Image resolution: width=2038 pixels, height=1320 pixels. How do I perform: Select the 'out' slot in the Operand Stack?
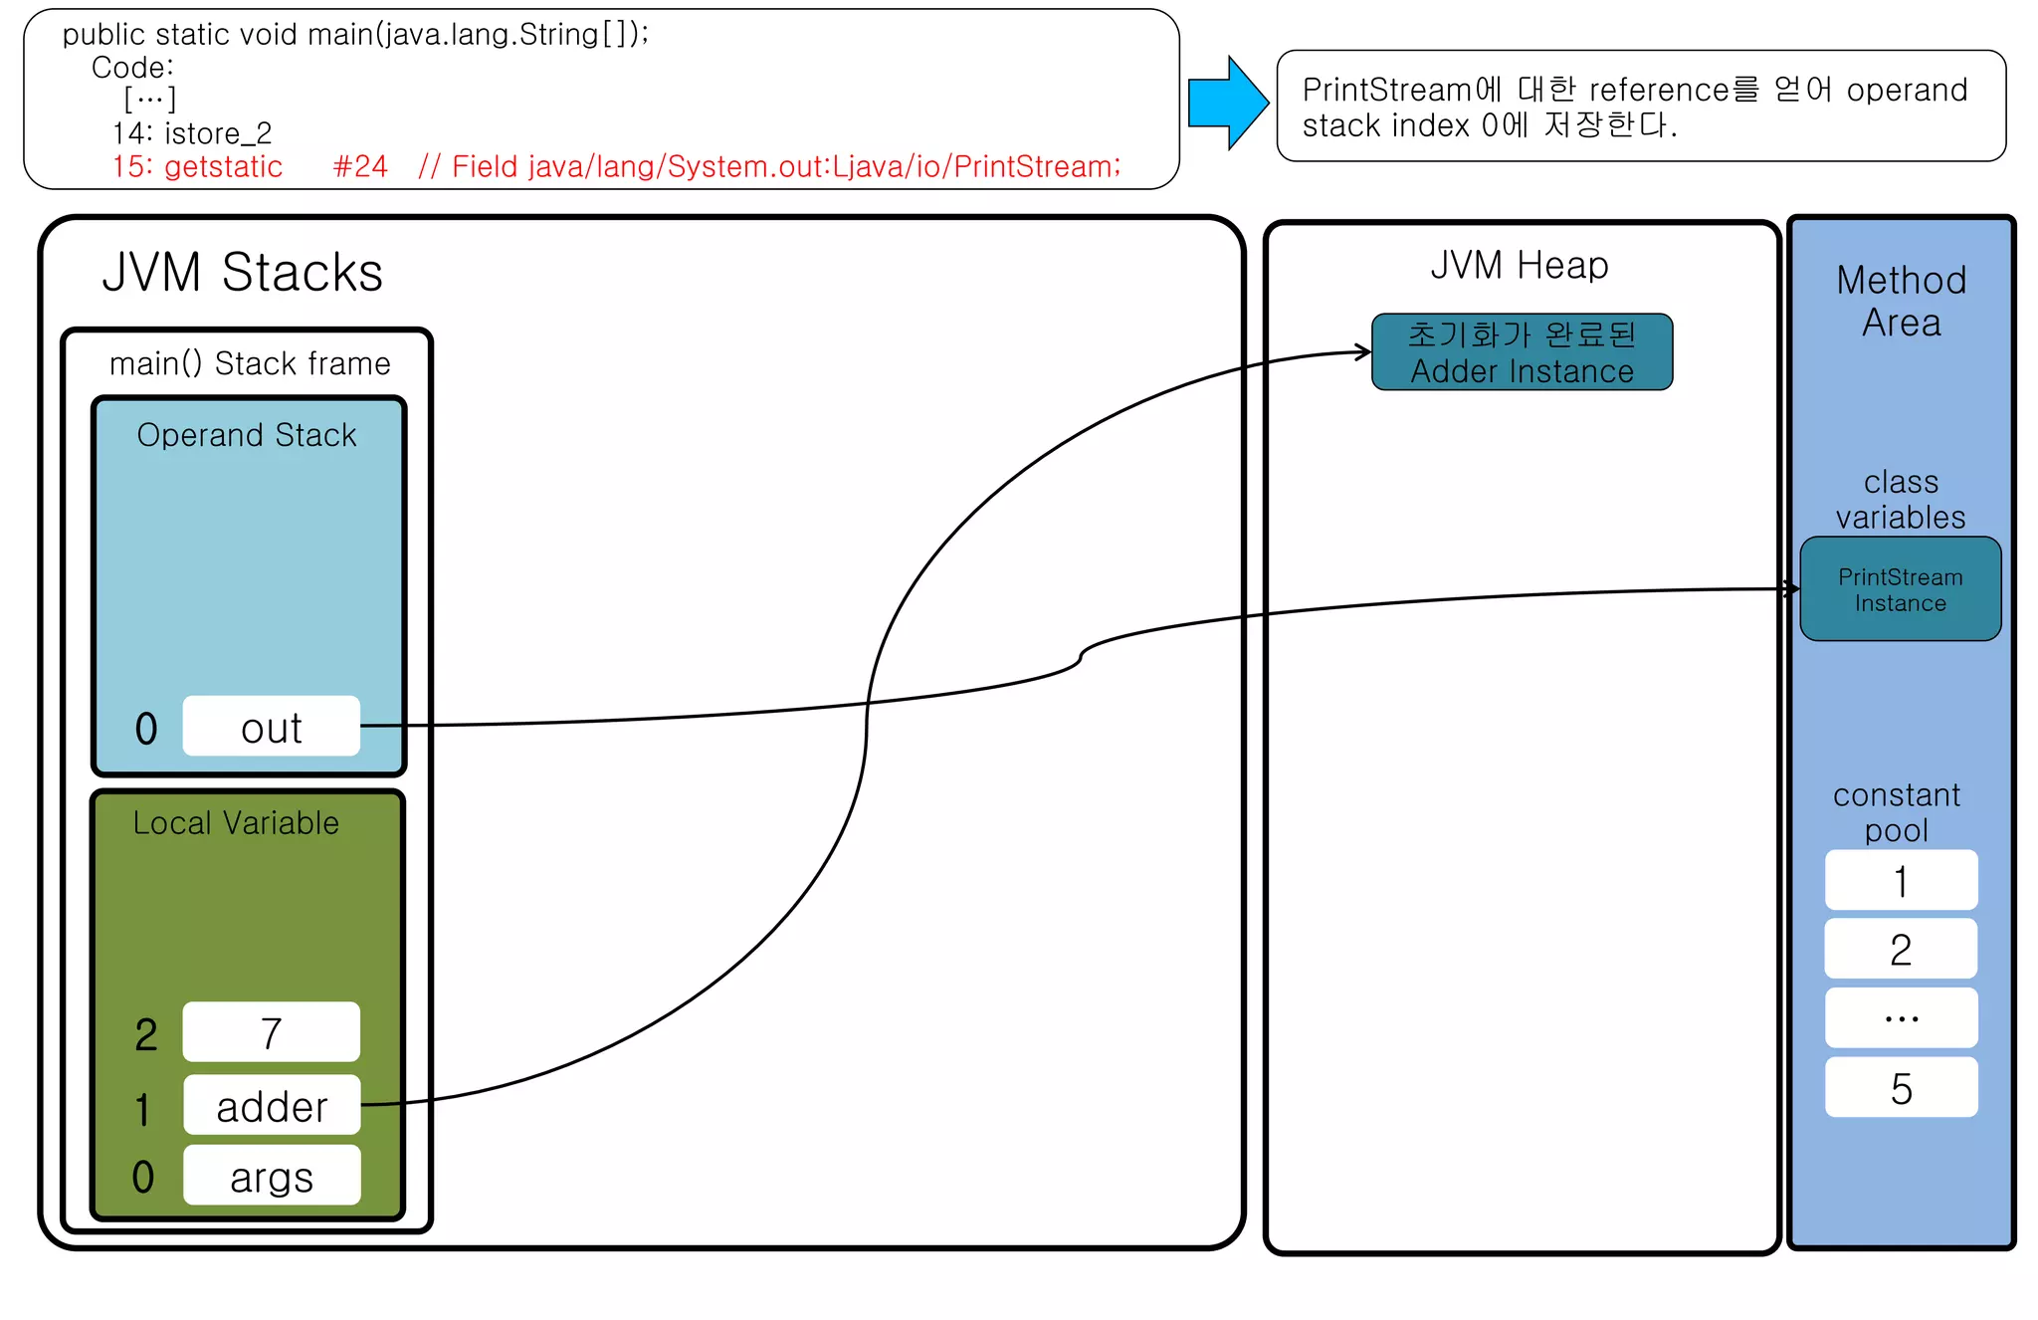click(x=271, y=727)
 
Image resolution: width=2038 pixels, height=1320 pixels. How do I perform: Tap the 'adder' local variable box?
click(x=272, y=1105)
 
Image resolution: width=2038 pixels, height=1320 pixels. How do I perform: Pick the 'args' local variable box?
click(x=272, y=1176)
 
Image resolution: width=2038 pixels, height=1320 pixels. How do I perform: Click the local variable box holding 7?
click(x=272, y=1032)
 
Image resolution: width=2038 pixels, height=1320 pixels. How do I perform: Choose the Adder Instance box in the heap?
click(x=1522, y=352)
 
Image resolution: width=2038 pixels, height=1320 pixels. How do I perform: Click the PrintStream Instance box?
click(x=1900, y=589)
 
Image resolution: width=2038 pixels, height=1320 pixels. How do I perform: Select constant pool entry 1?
click(x=1901, y=880)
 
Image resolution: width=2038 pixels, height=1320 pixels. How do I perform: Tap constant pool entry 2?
click(x=1901, y=949)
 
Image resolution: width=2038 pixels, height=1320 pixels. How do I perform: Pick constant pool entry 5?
click(x=1901, y=1087)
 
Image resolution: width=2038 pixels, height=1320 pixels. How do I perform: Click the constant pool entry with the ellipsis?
click(x=1901, y=1017)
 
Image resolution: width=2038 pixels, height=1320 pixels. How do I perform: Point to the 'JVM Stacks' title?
click(x=242, y=272)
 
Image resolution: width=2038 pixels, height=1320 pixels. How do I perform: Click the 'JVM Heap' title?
click(x=1519, y=265)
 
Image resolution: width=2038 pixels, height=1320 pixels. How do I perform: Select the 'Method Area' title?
click(x=1901, y=301)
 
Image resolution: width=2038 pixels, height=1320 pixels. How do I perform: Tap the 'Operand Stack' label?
click(x=247, y=435)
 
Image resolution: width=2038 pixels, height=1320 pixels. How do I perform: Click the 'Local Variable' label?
click(x=236, y=823)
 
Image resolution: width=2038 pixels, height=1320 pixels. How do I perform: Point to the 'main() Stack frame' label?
click(x=250, y=363)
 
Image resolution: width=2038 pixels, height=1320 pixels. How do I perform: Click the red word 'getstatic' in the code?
click(x=223, y=166)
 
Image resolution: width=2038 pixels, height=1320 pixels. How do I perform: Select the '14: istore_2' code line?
click(x=192, y=132)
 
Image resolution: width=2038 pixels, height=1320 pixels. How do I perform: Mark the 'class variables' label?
click(x=1901, y=500)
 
